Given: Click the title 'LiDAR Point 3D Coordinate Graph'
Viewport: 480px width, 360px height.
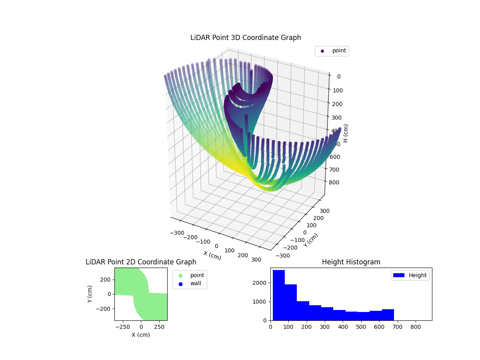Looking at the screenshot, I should pos(246,38).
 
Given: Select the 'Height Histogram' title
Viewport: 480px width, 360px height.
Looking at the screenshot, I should pos(351,262).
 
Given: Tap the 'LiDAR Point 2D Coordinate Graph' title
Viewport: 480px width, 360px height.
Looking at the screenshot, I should pos(141,262).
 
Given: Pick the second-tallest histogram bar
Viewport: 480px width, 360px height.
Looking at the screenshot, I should pos(291,302).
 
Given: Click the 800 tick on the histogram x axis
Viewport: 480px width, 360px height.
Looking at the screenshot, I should pos(416,326).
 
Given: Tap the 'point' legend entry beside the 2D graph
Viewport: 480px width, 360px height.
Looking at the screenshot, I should pos(197,275).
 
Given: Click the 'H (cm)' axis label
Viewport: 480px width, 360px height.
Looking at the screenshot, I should pos(346,133).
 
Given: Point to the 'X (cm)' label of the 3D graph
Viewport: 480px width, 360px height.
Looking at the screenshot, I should pos(212,255).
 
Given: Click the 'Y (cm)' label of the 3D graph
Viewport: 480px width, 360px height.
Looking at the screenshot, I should pos(311,240).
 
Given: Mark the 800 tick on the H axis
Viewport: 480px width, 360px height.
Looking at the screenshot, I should pos(336,182).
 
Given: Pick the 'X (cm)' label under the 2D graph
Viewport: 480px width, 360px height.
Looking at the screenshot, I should pos(141,335).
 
